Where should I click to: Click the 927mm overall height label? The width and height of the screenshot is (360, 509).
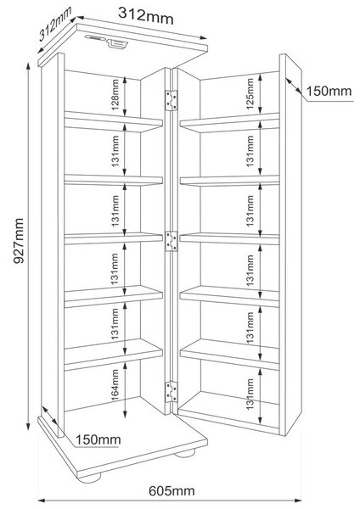click(x=19, y=241)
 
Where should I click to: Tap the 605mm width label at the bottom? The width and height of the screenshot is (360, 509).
click(x=172, y=491)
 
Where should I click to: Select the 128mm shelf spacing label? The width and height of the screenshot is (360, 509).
click(x=115, y=95)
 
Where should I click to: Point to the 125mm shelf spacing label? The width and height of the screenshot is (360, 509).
click(x=250, y=93)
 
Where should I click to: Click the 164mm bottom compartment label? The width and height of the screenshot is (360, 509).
click(x=115, y=385)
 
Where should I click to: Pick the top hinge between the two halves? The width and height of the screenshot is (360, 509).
click(x=172, y=100)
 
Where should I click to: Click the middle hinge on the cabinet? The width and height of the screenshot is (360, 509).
click(x=172, y=242)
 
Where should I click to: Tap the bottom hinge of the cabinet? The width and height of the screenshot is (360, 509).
click(x=172, y=392)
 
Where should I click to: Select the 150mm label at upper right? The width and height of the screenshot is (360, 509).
click(x=329, y=91)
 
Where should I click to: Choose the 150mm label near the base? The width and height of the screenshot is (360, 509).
click(x=98, y=439)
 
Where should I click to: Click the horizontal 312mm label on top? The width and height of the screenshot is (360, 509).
click(x=145, y=15)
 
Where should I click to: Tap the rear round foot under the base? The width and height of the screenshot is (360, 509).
click(x=185, y=453)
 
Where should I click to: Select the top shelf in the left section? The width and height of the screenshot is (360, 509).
click(x=114, y=121)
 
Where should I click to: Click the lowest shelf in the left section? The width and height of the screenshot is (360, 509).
click(x=114, y=355)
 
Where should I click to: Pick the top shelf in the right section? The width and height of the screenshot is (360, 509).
click(x=230, y=123)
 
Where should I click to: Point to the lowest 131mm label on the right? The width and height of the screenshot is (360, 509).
click(x=250, y=394)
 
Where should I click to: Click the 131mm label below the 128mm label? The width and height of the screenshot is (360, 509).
click(x=115, y=151)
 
